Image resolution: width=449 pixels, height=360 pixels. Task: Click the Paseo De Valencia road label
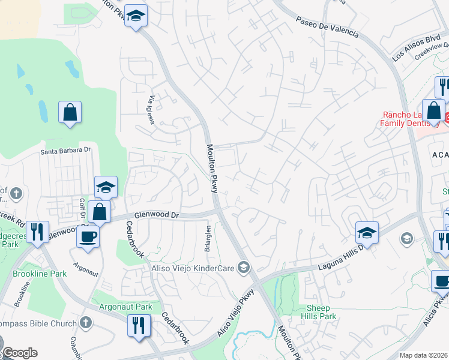coord(327,26)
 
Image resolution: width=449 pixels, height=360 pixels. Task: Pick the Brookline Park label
coord(40,273)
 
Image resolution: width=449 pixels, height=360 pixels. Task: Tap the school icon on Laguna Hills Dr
coord(367,232)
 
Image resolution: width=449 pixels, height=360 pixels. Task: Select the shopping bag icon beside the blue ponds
coord(70,112)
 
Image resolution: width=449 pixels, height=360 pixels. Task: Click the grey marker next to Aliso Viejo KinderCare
coord(244,268)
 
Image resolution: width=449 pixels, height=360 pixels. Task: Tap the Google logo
coord(20,353)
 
